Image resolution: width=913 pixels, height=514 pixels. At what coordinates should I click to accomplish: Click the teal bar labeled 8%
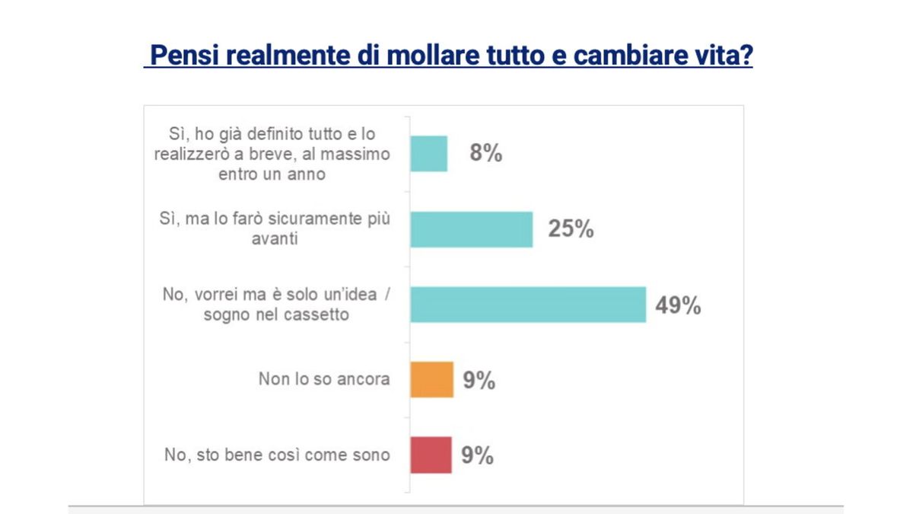point(428,154)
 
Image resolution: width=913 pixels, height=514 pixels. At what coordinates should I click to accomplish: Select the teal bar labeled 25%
point(471,229)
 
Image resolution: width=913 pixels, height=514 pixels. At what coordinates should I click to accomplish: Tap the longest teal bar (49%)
point(528,305)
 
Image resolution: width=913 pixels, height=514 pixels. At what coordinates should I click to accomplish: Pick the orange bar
point(431,379)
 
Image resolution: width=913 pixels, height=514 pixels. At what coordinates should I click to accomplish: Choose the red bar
point(431,455)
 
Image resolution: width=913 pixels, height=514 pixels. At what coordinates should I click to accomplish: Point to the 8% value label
point(485,154)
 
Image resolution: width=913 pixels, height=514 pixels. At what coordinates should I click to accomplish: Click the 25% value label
point(571,229)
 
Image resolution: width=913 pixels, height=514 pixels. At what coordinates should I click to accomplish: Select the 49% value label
point(677,305)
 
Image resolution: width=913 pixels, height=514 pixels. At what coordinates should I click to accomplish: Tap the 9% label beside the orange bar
point(479,380)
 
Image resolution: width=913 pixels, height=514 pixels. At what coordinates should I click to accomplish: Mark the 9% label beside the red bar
point(478,455)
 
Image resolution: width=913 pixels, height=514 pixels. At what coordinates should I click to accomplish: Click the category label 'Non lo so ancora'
point(324,379)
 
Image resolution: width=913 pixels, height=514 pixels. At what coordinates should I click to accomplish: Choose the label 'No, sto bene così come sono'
point(277,455)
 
